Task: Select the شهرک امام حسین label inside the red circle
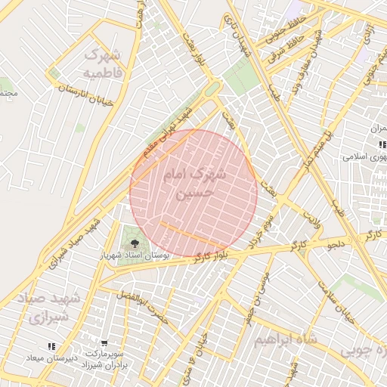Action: [194, 183]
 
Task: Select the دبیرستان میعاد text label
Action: [47, 357]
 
